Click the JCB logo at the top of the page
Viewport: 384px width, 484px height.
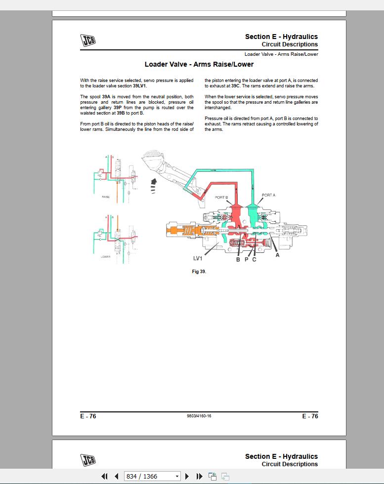[88, 40]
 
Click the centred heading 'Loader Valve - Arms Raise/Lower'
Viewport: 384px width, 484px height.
[199, 64]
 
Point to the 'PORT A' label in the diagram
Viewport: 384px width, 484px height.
[268, 195]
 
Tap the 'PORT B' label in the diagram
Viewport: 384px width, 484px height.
[221, 198]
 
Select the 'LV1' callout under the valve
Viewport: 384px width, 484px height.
[198, 258]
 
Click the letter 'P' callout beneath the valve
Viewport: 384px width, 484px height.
[246, 259]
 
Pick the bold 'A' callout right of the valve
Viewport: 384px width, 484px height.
[277, 255]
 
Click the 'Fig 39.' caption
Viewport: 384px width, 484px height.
[199, 272]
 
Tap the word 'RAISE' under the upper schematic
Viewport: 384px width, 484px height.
[106, 197]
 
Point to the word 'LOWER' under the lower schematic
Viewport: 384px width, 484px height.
[106, 257]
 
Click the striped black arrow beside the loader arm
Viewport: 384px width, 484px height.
[154, 186]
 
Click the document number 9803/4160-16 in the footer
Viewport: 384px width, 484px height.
[199, 416]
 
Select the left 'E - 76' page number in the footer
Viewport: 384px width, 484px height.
[88, 416]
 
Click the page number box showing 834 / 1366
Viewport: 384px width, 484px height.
[148, 476]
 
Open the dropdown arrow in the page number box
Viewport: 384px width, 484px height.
[177, 476]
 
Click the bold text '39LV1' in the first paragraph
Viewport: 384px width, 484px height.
[140, 86]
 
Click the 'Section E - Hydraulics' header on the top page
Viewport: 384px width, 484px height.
[281, 37]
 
